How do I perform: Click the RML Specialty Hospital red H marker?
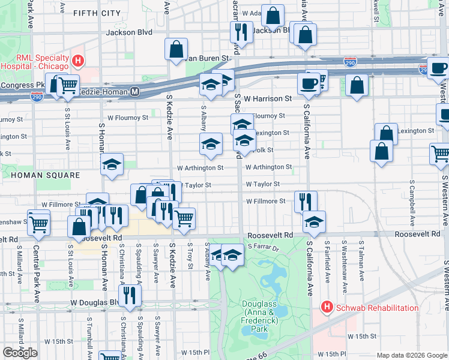77,61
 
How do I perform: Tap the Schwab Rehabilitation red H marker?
327,308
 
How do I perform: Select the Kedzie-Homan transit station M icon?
135,92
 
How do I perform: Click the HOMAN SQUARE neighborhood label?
45,175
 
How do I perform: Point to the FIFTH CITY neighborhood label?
97,13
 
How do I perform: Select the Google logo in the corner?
20,353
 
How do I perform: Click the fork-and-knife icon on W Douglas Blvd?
129,295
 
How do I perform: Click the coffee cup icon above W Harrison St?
309,83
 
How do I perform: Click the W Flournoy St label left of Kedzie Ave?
127,118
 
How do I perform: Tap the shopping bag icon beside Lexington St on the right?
386,134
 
